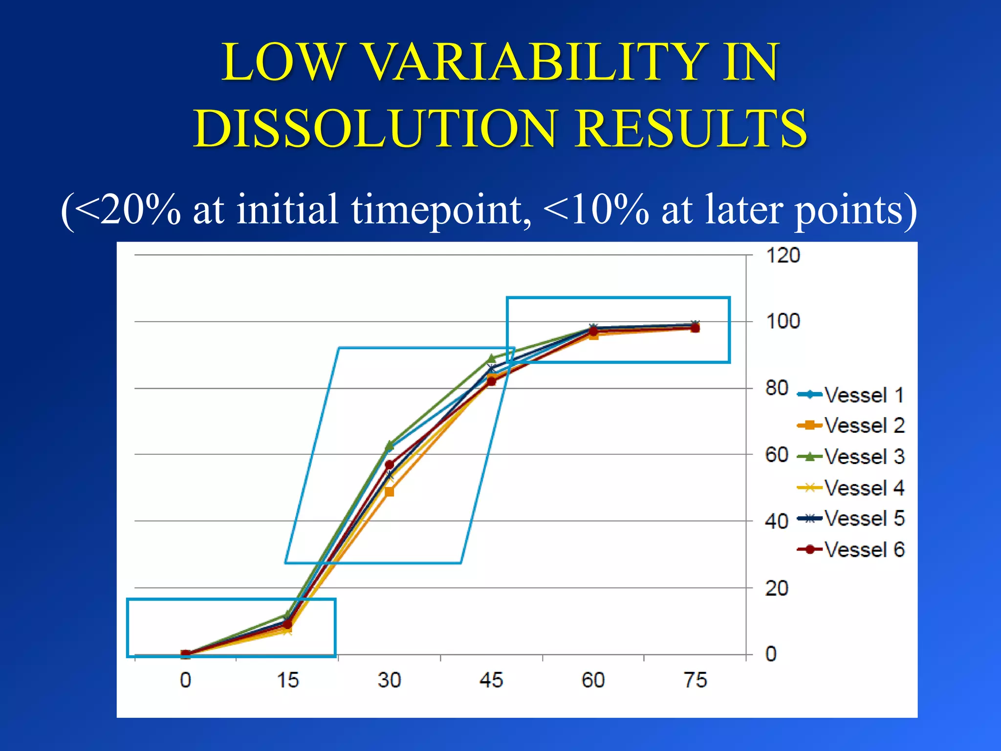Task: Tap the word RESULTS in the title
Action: click(x=691, y=128)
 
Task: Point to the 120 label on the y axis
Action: click(x=783, y=256)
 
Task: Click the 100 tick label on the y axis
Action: click(x=783, y=322)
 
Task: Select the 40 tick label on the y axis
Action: click(x=777, y=522)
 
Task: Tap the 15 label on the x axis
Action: click(x=287, y=680)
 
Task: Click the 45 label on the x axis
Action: click(x=491, y=680)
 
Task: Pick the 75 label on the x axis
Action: click(x=695, y=680)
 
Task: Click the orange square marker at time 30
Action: click(x=390, y=492)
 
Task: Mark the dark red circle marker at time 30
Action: click(x=390, y=464)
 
